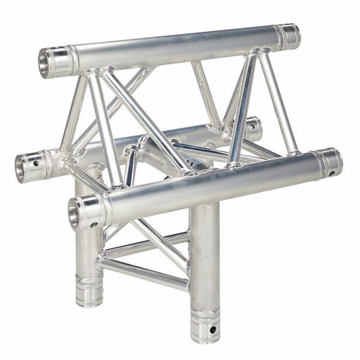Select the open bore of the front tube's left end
click(x=74, y=212)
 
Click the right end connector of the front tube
click(x=329, y=161)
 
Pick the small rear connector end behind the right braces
click(x=254, y=128)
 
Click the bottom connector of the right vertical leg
click(x=205, y=325)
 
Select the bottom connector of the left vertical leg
click(x=88, y=291)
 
